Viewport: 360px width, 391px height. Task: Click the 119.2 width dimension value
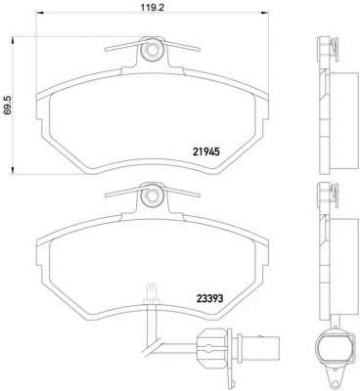153,7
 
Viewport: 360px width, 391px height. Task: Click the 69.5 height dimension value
7,106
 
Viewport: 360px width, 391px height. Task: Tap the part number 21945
206,152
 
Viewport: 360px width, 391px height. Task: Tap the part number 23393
209,298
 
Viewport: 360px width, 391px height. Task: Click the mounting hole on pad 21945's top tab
152,50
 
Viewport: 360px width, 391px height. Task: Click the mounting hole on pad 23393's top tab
152,196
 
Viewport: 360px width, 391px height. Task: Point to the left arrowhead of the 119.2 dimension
39,13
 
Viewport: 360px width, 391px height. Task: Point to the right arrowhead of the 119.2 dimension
264,13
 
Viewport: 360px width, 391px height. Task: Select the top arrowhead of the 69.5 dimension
13,41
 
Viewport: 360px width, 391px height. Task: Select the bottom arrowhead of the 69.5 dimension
13,170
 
